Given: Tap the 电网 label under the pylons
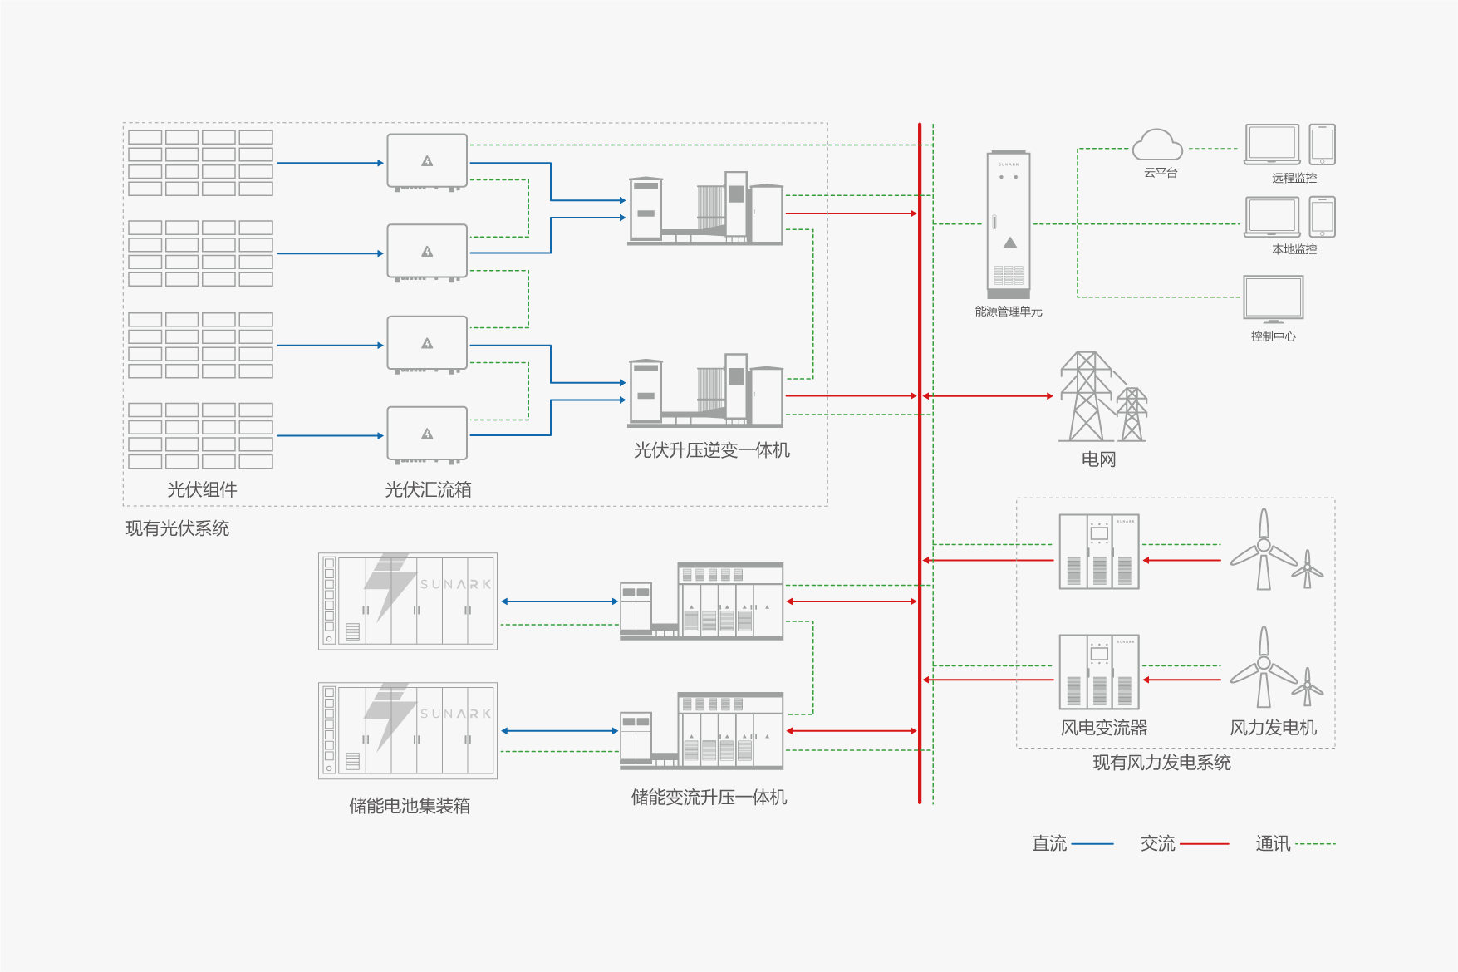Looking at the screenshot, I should [x=1098, y=459].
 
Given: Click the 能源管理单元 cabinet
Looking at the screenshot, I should [x=1009, y=224].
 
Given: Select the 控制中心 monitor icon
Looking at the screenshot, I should [x=1273, y=298].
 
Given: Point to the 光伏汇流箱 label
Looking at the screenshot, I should [x=428, y=490].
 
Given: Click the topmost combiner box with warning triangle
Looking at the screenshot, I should [x=427, y=162].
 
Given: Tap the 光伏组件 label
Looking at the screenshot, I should [x=202, y=490].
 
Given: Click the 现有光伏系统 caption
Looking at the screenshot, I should [x=177, y=528].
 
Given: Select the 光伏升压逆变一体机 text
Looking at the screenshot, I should [x=711, y=450].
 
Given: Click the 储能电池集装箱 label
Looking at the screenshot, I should [x=410, y=806].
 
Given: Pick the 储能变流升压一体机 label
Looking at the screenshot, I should [x=709, y=798].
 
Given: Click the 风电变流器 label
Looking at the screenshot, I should [x=1103, y=728].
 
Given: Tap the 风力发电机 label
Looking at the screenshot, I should [x=1273, y=728].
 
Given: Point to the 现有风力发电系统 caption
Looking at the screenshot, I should [x=1161, y=763].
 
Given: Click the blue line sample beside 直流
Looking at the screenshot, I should [x=1092, y=844].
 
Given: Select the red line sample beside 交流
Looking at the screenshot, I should [x=1204, y=844].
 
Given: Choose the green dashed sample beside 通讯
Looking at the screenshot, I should [x=1315, y=844].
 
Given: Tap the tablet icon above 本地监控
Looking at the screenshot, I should [x=1322, y=217].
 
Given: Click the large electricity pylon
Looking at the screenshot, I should [x=1085, y=396].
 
